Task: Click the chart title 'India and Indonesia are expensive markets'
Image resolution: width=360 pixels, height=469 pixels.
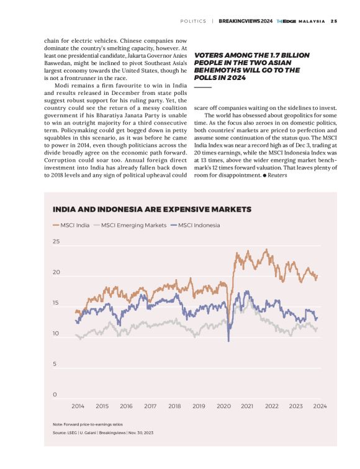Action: click(151, 209)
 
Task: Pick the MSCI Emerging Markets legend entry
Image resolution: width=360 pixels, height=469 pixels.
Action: click(130, 225)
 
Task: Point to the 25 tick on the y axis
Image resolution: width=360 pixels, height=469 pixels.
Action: click(56, 241)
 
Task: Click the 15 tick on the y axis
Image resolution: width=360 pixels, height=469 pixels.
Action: click(56, 303)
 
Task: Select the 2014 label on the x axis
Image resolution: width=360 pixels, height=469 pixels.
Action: click(78, 406)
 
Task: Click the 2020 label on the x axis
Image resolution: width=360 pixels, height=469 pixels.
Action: click(223, 406)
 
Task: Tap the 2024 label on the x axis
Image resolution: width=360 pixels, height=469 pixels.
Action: click(320, 406)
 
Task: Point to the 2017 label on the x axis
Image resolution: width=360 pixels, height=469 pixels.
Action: click(150, 406)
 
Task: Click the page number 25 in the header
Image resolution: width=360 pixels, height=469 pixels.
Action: click(334, 20)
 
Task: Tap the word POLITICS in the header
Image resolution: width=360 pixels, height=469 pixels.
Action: click(193, 20)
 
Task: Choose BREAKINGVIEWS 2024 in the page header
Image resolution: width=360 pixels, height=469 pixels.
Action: click(245, 20)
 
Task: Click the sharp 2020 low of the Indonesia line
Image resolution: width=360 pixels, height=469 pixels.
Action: click(228, 341)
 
